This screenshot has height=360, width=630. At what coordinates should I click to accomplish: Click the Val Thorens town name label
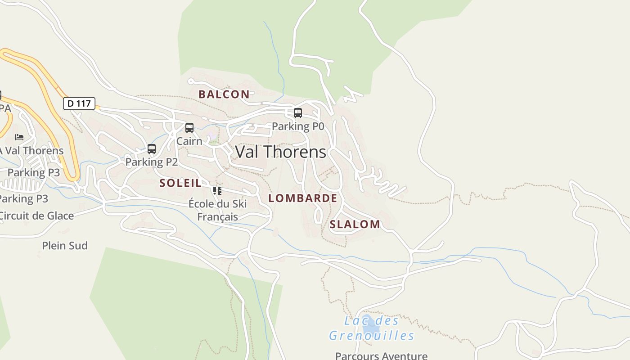(x=280, y=152)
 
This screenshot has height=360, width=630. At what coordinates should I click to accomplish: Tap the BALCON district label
(x=224, y=94)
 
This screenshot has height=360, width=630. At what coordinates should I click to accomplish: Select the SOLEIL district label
(x=180, y=183)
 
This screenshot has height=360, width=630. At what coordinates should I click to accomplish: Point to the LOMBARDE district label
(x=302, y=198)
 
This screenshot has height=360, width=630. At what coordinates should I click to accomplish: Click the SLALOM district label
(x=355, y=225)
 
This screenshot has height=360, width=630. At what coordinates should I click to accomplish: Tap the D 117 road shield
(x=79, y=103)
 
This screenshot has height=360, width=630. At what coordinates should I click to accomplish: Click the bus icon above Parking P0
(x=297, y=113)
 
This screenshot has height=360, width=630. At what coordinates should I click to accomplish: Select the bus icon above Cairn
(x=189, y=128)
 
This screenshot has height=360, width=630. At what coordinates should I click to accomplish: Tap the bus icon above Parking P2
(x=152, y=149)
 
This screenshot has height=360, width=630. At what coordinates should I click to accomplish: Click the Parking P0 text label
(x=297, y=126)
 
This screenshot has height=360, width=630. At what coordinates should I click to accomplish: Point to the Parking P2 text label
(x=152, y=162)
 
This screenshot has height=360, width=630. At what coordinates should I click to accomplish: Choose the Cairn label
(x=189, y=141)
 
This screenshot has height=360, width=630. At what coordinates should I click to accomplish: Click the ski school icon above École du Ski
(x=217, y=190)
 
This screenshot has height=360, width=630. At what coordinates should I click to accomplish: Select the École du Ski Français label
(x=217, y=210)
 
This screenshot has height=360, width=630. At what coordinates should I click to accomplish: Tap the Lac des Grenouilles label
(x=371, y=328)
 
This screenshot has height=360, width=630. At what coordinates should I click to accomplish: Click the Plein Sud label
(x=65, y=246)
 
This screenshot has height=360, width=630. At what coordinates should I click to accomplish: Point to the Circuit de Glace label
(x=36, y=216)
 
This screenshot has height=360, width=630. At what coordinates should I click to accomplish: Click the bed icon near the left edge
(x=19, y=137)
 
